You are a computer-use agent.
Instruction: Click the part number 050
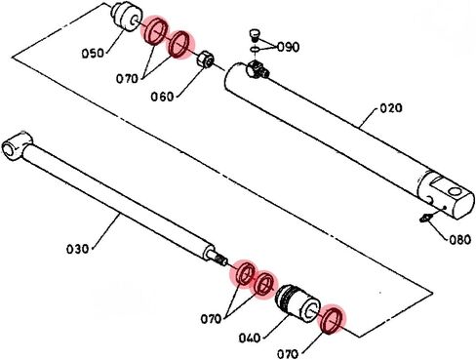(x=93, y=53)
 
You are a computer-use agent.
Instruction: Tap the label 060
(x=162, y=97)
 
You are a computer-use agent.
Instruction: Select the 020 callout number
(x=391, y=107)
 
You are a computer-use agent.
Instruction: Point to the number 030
(x=77, y=249)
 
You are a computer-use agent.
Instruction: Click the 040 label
(x=250, y=339)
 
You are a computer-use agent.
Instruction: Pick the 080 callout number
(x=460, y=240)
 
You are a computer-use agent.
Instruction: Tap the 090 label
(x=288, y=47)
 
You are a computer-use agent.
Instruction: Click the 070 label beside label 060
(x=127, y=78)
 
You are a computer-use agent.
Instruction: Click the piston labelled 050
(x=127, y=17)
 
